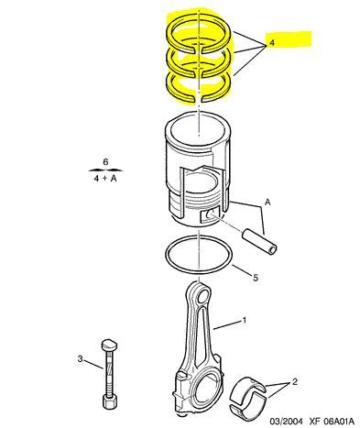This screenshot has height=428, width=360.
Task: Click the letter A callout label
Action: pyautogui.click(x=268, y=201)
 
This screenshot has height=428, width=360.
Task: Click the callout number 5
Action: pyautogui.click(x=256, y=275)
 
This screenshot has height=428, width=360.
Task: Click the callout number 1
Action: pyautogui.click(x=245, y=322)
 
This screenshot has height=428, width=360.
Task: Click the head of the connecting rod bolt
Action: pyautogui.click(x=111, y=344)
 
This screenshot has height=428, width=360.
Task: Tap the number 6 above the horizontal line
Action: pyautogui.click(x=105, y=161)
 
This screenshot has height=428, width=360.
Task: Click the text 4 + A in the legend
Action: pyautogui.click(x=105, y=178)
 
